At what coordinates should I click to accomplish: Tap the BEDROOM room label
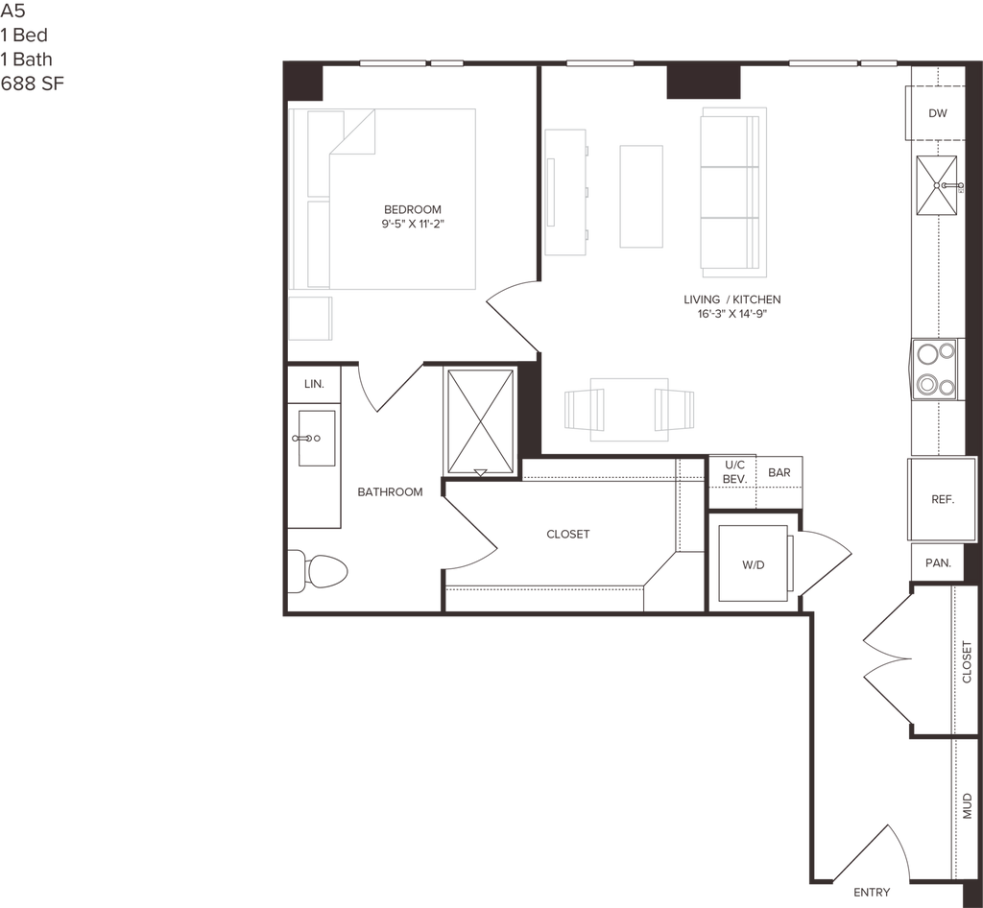[x=413, y=216]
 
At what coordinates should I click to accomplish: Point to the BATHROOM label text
[x=390, y=493]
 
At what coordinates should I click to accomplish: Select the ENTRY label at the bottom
[x=871, y=890]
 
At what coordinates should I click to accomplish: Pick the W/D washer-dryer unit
[x=753, y=564]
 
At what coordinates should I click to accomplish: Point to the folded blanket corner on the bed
[x=352, y=132]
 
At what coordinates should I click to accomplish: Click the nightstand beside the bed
[x=311, y=319]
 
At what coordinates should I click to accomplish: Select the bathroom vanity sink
[x=316, y=438]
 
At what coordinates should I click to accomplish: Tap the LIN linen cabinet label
[x=315, y=384]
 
